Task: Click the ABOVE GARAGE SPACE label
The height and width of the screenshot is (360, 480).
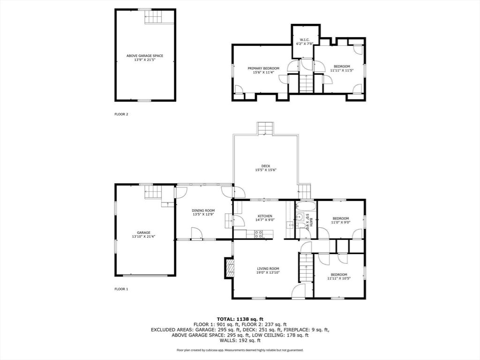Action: pyautogui.click(x=145, y=56)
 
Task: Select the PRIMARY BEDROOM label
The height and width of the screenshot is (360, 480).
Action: pyautogui.click(x=263, y=68)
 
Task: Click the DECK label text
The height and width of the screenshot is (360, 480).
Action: pyautogui.click(x=266, y=166)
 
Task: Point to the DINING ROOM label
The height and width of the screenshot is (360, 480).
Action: pyautogui.click(x=203, y=210)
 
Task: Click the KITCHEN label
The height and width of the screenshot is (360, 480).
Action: pyautogui.click(x=264, y=216)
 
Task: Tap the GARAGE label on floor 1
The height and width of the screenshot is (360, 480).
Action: pyautogui.click(x=143, y=232)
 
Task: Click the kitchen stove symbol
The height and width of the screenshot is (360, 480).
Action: pyautogui.click(x=258, y=234)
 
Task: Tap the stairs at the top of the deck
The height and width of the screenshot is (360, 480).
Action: pyautogui.click(x=265, y=128)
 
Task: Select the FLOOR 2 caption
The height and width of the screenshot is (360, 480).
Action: pyautogui.click(x=121, y=114)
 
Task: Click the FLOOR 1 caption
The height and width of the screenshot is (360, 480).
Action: pyautogui.click(x=121, y=289)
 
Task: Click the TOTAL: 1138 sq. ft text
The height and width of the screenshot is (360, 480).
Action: pyautogui.click(x=240, y=319)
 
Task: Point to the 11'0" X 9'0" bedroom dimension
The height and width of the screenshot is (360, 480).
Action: pyautogui.click(x=341, y=223)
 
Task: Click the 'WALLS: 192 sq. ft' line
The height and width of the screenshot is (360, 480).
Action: pyautogui.click(x=240, y=341)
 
